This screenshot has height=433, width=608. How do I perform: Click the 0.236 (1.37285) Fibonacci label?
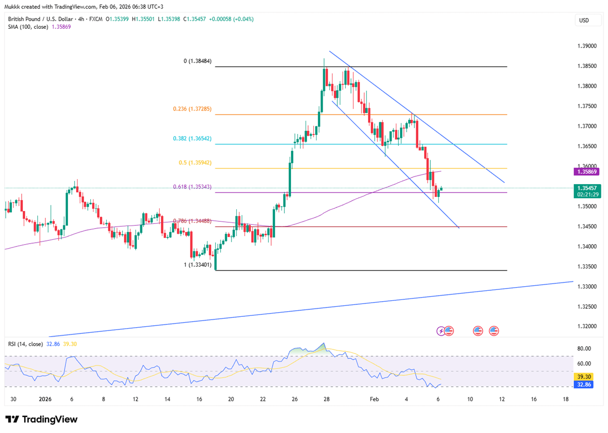192,109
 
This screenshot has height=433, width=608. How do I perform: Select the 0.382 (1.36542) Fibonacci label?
192,138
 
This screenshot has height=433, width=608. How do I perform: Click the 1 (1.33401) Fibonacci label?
195,265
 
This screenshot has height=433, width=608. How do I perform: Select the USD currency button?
584,20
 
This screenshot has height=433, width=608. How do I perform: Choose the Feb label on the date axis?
374,399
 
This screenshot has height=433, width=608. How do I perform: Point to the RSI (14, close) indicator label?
26,344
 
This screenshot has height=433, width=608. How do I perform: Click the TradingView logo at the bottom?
42,419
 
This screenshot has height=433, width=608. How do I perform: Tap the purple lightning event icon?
441,331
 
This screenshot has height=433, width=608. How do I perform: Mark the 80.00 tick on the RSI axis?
584,348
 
